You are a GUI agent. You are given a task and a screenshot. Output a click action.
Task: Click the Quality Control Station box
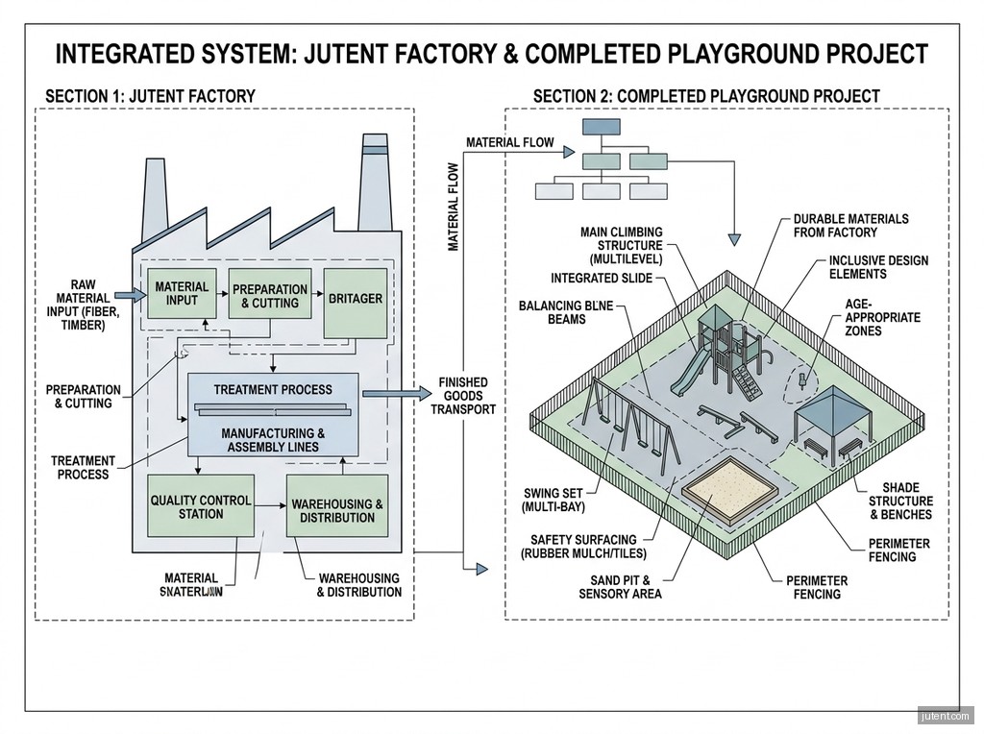(201, 505)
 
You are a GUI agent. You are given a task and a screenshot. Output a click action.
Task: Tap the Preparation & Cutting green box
(270, 294)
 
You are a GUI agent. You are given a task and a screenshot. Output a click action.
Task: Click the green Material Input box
(182, 293)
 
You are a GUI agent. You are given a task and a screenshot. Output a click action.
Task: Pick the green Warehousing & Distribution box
(337, 510)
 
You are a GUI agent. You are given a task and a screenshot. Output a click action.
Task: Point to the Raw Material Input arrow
(127, 295)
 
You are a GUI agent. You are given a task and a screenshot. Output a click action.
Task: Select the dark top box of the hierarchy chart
(600, 127)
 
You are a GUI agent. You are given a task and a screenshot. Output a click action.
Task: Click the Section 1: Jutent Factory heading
(150, 96)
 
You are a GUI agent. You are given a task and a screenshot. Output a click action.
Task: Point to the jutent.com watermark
(946, 716)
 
